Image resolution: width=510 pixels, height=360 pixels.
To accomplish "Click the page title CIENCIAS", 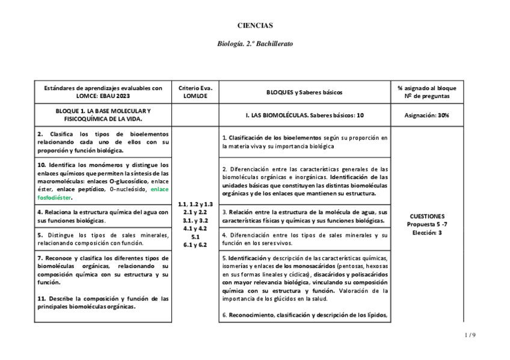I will point(255,26).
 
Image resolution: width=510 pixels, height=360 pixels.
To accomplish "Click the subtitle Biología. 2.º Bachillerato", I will point(255,44).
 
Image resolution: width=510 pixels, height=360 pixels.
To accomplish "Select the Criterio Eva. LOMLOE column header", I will point(195,92).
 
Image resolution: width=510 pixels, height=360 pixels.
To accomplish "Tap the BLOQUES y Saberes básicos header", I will point(304,93).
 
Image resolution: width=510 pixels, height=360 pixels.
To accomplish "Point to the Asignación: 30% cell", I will point(427,115).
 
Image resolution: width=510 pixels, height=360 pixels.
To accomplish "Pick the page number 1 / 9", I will point(470,335).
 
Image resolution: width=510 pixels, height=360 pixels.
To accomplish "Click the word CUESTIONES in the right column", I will point(427,216).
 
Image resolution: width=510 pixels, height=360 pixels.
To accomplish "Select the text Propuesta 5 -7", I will point(427,224).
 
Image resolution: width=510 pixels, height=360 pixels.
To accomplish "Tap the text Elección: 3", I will point(427,232).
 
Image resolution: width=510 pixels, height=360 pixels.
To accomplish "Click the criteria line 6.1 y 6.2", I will point(195,245).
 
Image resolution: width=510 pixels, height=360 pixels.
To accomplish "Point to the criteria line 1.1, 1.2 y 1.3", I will point(195,204).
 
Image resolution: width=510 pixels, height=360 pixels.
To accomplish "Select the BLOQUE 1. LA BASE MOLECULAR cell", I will point(103,115).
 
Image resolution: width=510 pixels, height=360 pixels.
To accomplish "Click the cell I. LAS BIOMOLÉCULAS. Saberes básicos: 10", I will point(304,115).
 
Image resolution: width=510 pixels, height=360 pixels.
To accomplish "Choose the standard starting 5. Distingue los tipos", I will point(103,239).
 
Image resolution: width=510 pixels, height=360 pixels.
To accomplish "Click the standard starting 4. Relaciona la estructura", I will point(103,216).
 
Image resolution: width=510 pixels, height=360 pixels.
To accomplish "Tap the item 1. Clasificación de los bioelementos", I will point(304,142).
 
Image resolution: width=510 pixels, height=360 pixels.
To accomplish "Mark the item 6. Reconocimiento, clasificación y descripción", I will point(304,315).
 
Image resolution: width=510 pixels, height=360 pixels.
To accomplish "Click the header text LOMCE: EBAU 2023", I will point(103,96).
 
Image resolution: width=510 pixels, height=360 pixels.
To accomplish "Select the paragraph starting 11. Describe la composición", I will point(103,302).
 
